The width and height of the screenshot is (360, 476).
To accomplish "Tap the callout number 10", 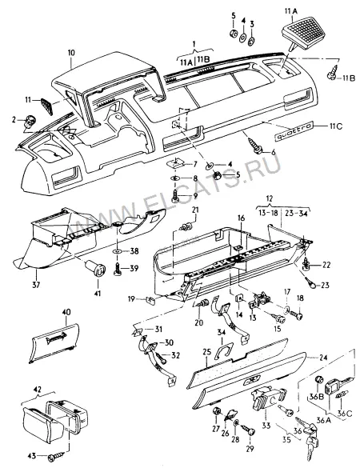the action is [71, 53].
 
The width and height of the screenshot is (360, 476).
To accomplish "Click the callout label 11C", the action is [335, 126].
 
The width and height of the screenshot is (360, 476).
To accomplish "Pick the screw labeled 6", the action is [255, 145].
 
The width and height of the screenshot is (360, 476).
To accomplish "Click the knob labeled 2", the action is [29, 122].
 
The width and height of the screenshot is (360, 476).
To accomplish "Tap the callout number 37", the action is [37, 285].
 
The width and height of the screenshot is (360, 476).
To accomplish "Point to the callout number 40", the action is [66, 312].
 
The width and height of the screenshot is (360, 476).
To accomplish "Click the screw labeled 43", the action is [57, 455].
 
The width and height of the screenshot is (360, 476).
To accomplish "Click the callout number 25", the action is [206, 353].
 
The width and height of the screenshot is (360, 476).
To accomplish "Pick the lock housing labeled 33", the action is [267, 398].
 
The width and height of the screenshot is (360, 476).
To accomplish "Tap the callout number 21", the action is [195, 210].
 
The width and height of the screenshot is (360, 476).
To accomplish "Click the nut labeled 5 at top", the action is [234, 34].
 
